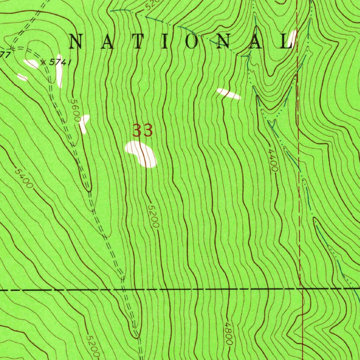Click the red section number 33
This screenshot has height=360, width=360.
point(142,131)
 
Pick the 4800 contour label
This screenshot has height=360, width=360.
point(229,334)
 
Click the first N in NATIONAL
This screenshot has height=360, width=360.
point(78,42)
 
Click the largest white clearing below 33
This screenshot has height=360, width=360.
point(141,154)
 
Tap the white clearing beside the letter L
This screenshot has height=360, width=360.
point(292,39)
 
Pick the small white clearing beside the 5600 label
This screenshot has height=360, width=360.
point(84,123)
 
